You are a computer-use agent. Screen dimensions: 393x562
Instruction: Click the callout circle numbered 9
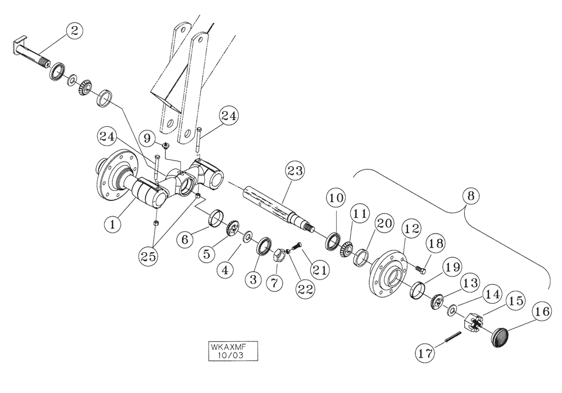point(148,136)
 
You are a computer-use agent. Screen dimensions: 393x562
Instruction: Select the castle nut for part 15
point(472,322)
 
